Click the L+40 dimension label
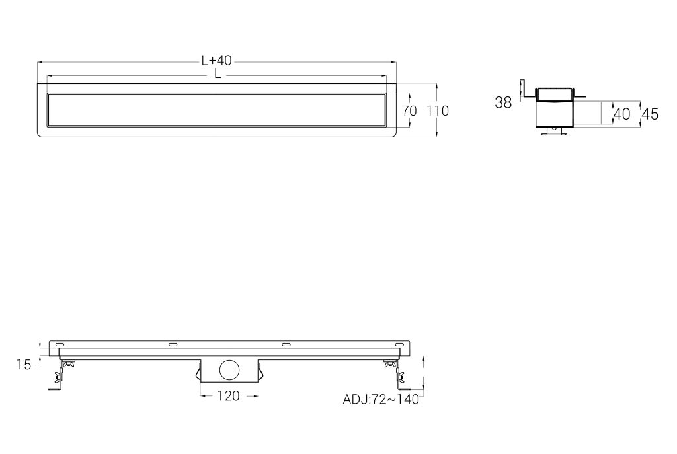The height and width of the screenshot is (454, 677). [x=216, y=61]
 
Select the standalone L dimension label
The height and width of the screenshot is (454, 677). [x=217, y=75]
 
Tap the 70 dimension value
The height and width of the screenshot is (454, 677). [x=409, y=111]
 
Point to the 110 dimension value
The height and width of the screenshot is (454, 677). [x=437, y=111]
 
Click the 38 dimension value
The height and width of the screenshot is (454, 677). [x=503, y=102]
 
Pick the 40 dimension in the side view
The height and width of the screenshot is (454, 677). [x=621, y=114]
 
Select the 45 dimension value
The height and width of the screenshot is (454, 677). [x=650, y=114]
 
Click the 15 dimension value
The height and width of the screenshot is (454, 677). [x=24, y=365]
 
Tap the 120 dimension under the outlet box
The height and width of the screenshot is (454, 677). [x=229, y=395]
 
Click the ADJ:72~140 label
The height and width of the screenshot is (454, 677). [x=380, y=399]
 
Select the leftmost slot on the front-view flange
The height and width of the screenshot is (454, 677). [x=60, y=345]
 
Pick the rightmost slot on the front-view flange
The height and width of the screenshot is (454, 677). [x=399, y=345]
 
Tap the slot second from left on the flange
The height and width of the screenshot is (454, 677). [x=174, y=345]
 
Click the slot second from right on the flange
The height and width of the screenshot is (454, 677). [x=286, y=345]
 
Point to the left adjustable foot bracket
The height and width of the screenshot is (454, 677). [x=61, y=375]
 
